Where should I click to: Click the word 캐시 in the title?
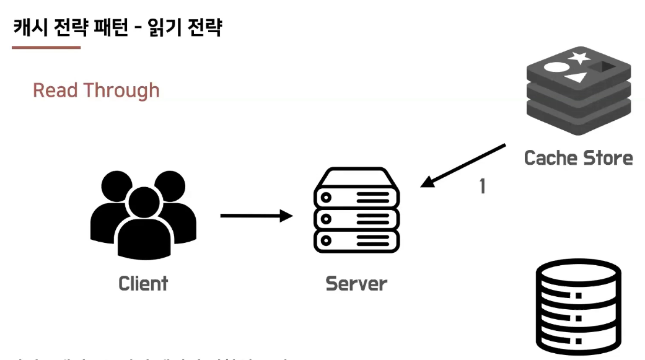pos(29,28)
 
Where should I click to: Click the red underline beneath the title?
pos(46,47)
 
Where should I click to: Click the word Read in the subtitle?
pos(55,90)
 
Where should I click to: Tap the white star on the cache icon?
pos(579,58)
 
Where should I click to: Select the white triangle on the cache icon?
pos(576,77)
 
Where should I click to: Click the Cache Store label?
pos(578,157)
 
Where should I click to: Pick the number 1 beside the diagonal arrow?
pos(482,186)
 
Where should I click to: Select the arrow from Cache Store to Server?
pos(463,165)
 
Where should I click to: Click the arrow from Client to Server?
pos(256,216)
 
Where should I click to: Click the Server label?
pos(356,284)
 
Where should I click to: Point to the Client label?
pos(143,284)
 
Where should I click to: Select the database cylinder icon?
pos(577,307)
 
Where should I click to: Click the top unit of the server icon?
pos(356,196)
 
